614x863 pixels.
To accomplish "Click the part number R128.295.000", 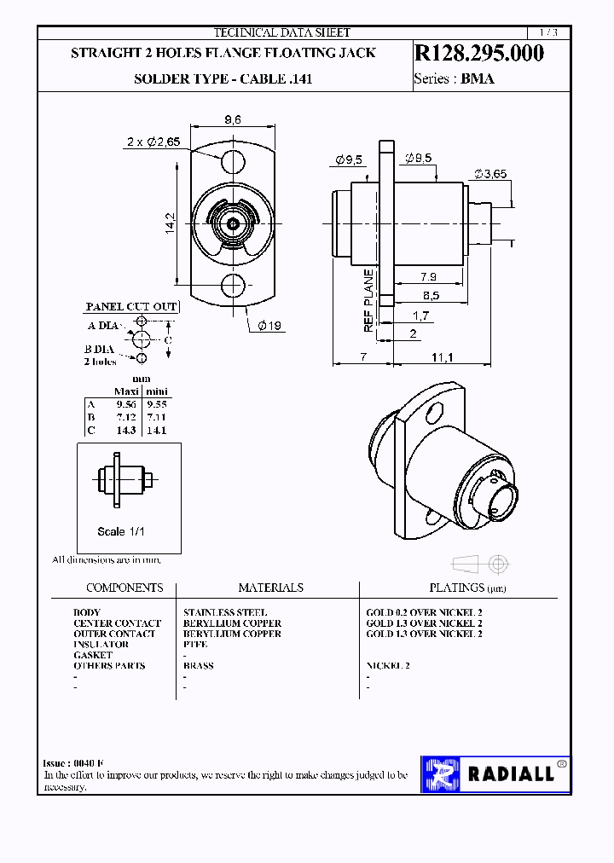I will point(478,53).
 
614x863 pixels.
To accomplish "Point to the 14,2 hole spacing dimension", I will point(170,224).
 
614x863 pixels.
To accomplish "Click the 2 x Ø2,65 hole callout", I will point(153,142).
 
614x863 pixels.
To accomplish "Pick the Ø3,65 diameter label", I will point(491,173).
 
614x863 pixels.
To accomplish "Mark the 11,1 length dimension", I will point(442,356).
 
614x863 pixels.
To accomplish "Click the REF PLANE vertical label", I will point(368,300).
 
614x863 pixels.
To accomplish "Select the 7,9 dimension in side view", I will point(429,276).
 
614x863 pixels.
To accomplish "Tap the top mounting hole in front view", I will point(232,159).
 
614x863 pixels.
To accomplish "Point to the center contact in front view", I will point(232,223).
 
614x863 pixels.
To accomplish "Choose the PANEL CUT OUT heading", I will point(131,306).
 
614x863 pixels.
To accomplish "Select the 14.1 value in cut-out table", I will point(156,431).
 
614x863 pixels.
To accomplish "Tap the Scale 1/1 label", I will point(123,531).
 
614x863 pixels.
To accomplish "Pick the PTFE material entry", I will point(195,645).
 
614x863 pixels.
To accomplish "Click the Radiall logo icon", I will point(442,773).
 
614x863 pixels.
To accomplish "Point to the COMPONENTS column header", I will point(125,588).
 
